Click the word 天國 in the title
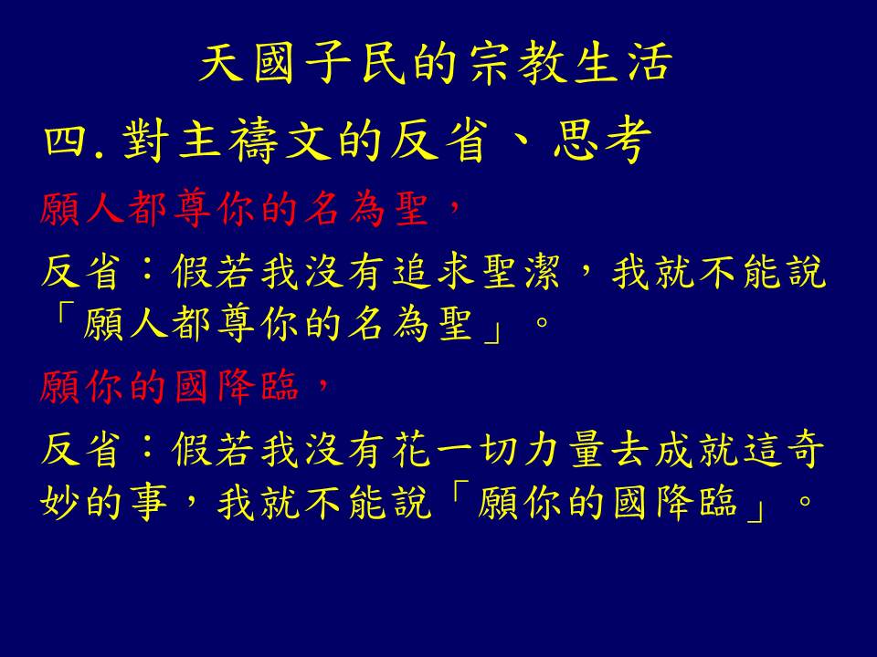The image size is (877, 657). (247, 63)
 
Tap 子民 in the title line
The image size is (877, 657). (354, 63)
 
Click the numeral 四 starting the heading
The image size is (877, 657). (66, 141)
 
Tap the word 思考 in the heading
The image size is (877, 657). (602, 141)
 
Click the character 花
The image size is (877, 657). (411, 450)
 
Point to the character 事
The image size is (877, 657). (149, 502)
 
